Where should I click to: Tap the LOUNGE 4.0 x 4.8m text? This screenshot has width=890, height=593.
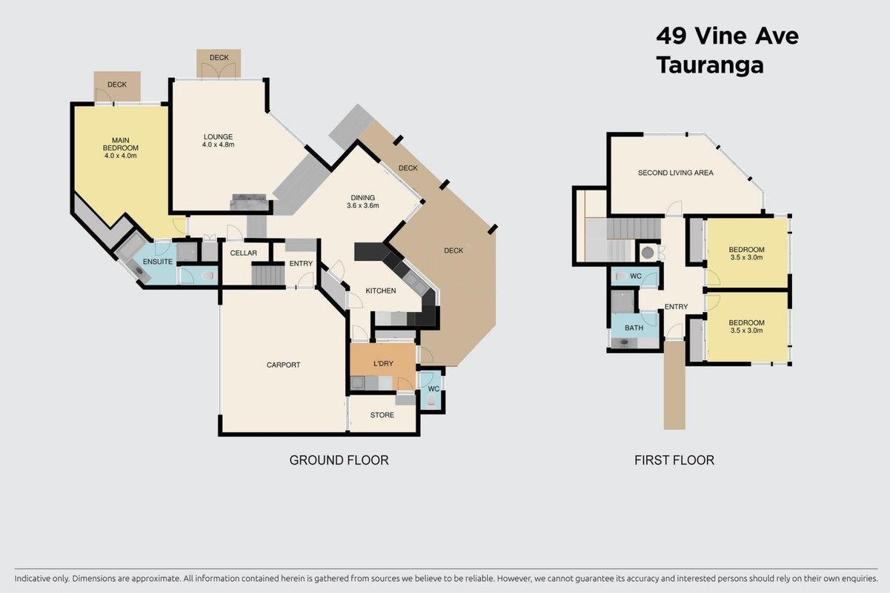[x=218, y=141]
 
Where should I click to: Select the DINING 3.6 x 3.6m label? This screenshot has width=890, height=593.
[x=363, y=202]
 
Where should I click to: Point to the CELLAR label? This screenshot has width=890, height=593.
[x=244, y=253]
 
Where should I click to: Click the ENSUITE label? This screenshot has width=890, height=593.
[x=158, y=262]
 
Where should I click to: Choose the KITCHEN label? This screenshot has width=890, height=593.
[x=381, y=291]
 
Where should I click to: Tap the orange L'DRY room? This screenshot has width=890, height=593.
[x=382, y=366]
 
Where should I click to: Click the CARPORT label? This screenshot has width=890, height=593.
[x=283, y=365]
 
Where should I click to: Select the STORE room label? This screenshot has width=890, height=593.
[x=382, y=415]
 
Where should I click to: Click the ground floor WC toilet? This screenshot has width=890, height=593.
[x=431, y=400]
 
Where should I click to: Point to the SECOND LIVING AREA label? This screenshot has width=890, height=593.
[x=675, y=173]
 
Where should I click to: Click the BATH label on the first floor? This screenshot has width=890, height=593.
[x=634, y=328]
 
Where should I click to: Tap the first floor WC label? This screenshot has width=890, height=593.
[x=636, y=276]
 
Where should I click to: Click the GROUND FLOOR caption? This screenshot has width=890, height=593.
[x=339, y=460]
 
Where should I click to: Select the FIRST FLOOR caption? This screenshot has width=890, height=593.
[x=674, y=460]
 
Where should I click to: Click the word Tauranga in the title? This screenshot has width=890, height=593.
[x=710, y=65]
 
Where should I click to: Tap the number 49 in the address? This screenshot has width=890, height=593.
[x=671, y=36]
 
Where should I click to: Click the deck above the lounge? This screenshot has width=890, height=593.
[x=219, y=63]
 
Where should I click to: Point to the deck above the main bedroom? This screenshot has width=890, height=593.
[x=117, y=86]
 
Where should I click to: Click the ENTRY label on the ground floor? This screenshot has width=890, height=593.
[x=301, y=263]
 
